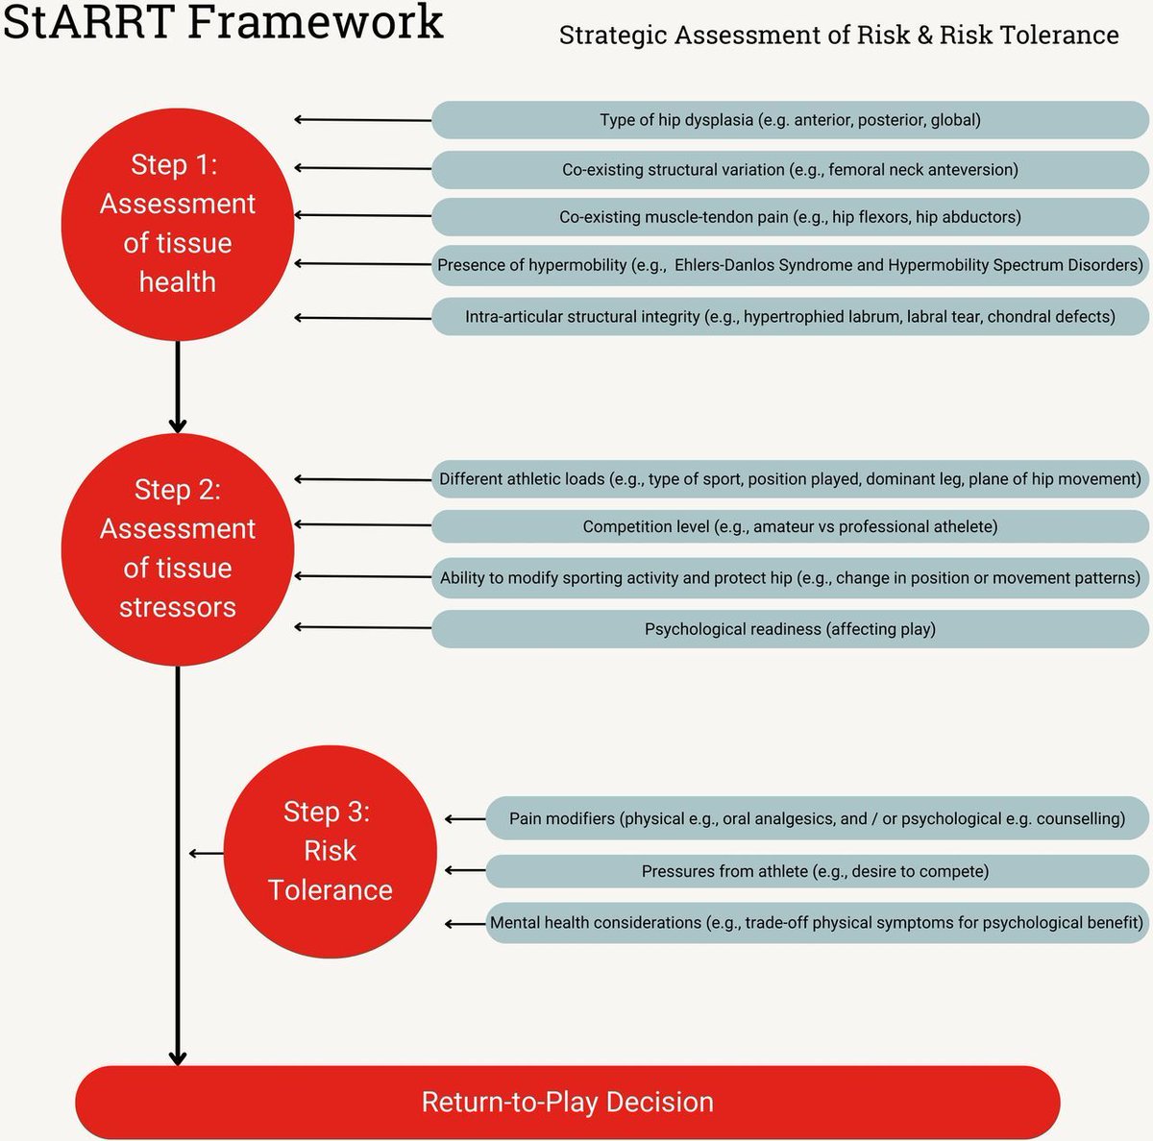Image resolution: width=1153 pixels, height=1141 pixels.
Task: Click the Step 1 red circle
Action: pos(178,224)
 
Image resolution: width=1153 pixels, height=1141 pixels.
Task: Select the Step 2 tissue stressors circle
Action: pos(178,548)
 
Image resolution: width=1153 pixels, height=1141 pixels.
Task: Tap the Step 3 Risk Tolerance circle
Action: pos(330,851)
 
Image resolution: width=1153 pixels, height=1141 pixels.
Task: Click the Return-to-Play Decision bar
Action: pos(567,1102)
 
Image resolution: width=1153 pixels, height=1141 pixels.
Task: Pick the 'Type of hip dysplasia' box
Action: pos(790,120)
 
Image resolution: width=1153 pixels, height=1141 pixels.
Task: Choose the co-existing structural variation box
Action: pos(790,169)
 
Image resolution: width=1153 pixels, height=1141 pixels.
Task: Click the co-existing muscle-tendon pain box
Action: pos(790,217)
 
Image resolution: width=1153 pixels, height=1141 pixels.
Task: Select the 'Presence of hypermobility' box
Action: pos(790,265)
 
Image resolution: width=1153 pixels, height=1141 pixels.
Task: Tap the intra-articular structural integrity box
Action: pos(790,316)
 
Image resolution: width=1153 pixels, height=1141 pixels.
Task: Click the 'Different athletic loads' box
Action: pos(790,478)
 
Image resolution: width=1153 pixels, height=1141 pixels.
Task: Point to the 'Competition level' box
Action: pos(790,526)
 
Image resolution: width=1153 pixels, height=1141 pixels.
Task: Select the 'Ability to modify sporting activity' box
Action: pos(790,577)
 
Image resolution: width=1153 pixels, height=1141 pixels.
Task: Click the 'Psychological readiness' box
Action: pos(790,629)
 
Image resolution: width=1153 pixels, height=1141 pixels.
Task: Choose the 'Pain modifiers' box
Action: pos(817,818)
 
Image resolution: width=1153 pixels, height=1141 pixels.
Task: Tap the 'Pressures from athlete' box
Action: pos(817,871)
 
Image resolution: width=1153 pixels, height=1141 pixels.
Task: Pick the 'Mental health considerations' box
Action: pos(817,922)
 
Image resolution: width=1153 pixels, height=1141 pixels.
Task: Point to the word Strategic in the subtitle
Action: pos(612,36)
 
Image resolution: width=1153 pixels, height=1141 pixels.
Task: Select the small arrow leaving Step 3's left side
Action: pos(207,853)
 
